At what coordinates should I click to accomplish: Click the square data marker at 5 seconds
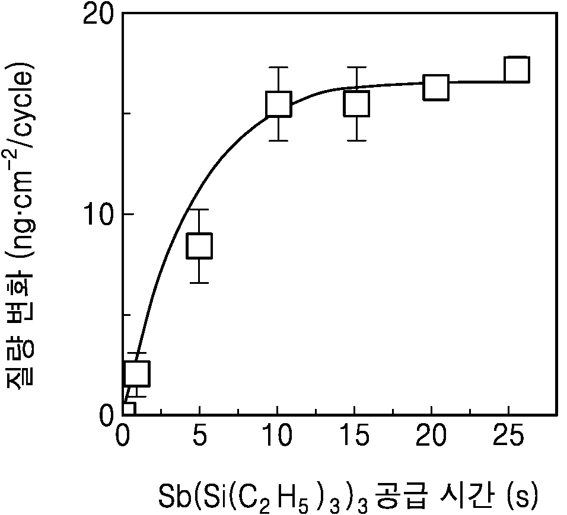point(199,246)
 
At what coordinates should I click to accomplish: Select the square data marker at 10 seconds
point(278,104)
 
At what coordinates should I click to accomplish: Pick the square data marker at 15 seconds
point(356,104)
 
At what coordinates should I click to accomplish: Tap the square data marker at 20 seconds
point(436,88)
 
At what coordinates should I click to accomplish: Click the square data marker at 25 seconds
point(517,69)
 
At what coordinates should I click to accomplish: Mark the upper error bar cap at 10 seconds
point(278,67)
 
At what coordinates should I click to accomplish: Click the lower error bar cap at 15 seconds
point(356,140)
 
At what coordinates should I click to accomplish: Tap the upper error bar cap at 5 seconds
point(199,209)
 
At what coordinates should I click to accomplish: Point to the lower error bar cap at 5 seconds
point(199,283)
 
